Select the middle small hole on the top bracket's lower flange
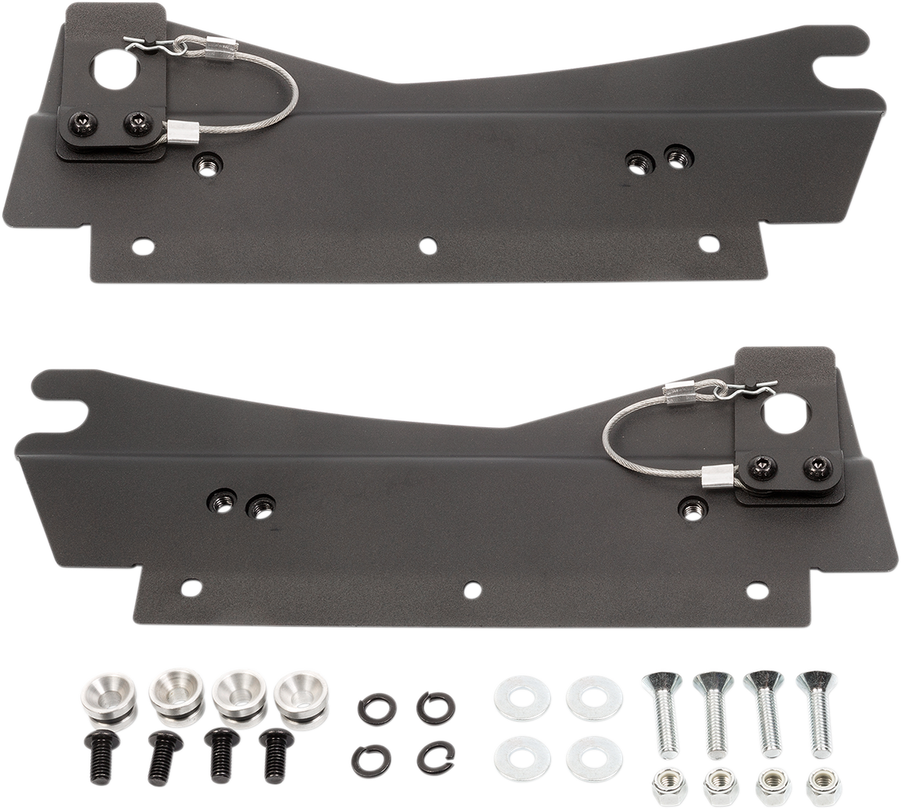428,246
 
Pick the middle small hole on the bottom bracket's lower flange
472,590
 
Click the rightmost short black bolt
277,753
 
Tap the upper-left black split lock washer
376,709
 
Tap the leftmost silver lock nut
668,787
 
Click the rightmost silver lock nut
823,787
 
